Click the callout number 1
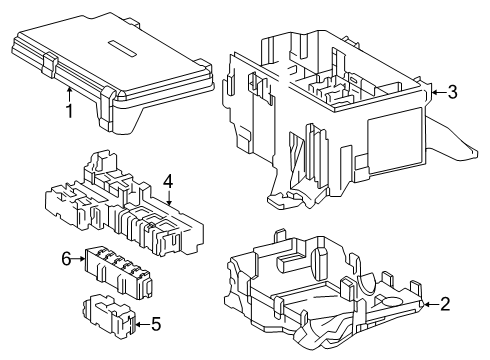point(70,110)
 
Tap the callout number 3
point(453,93)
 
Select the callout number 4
point(169,182)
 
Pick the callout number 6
point(67,259)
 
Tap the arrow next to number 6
point(82,259)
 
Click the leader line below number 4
point(169,198)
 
